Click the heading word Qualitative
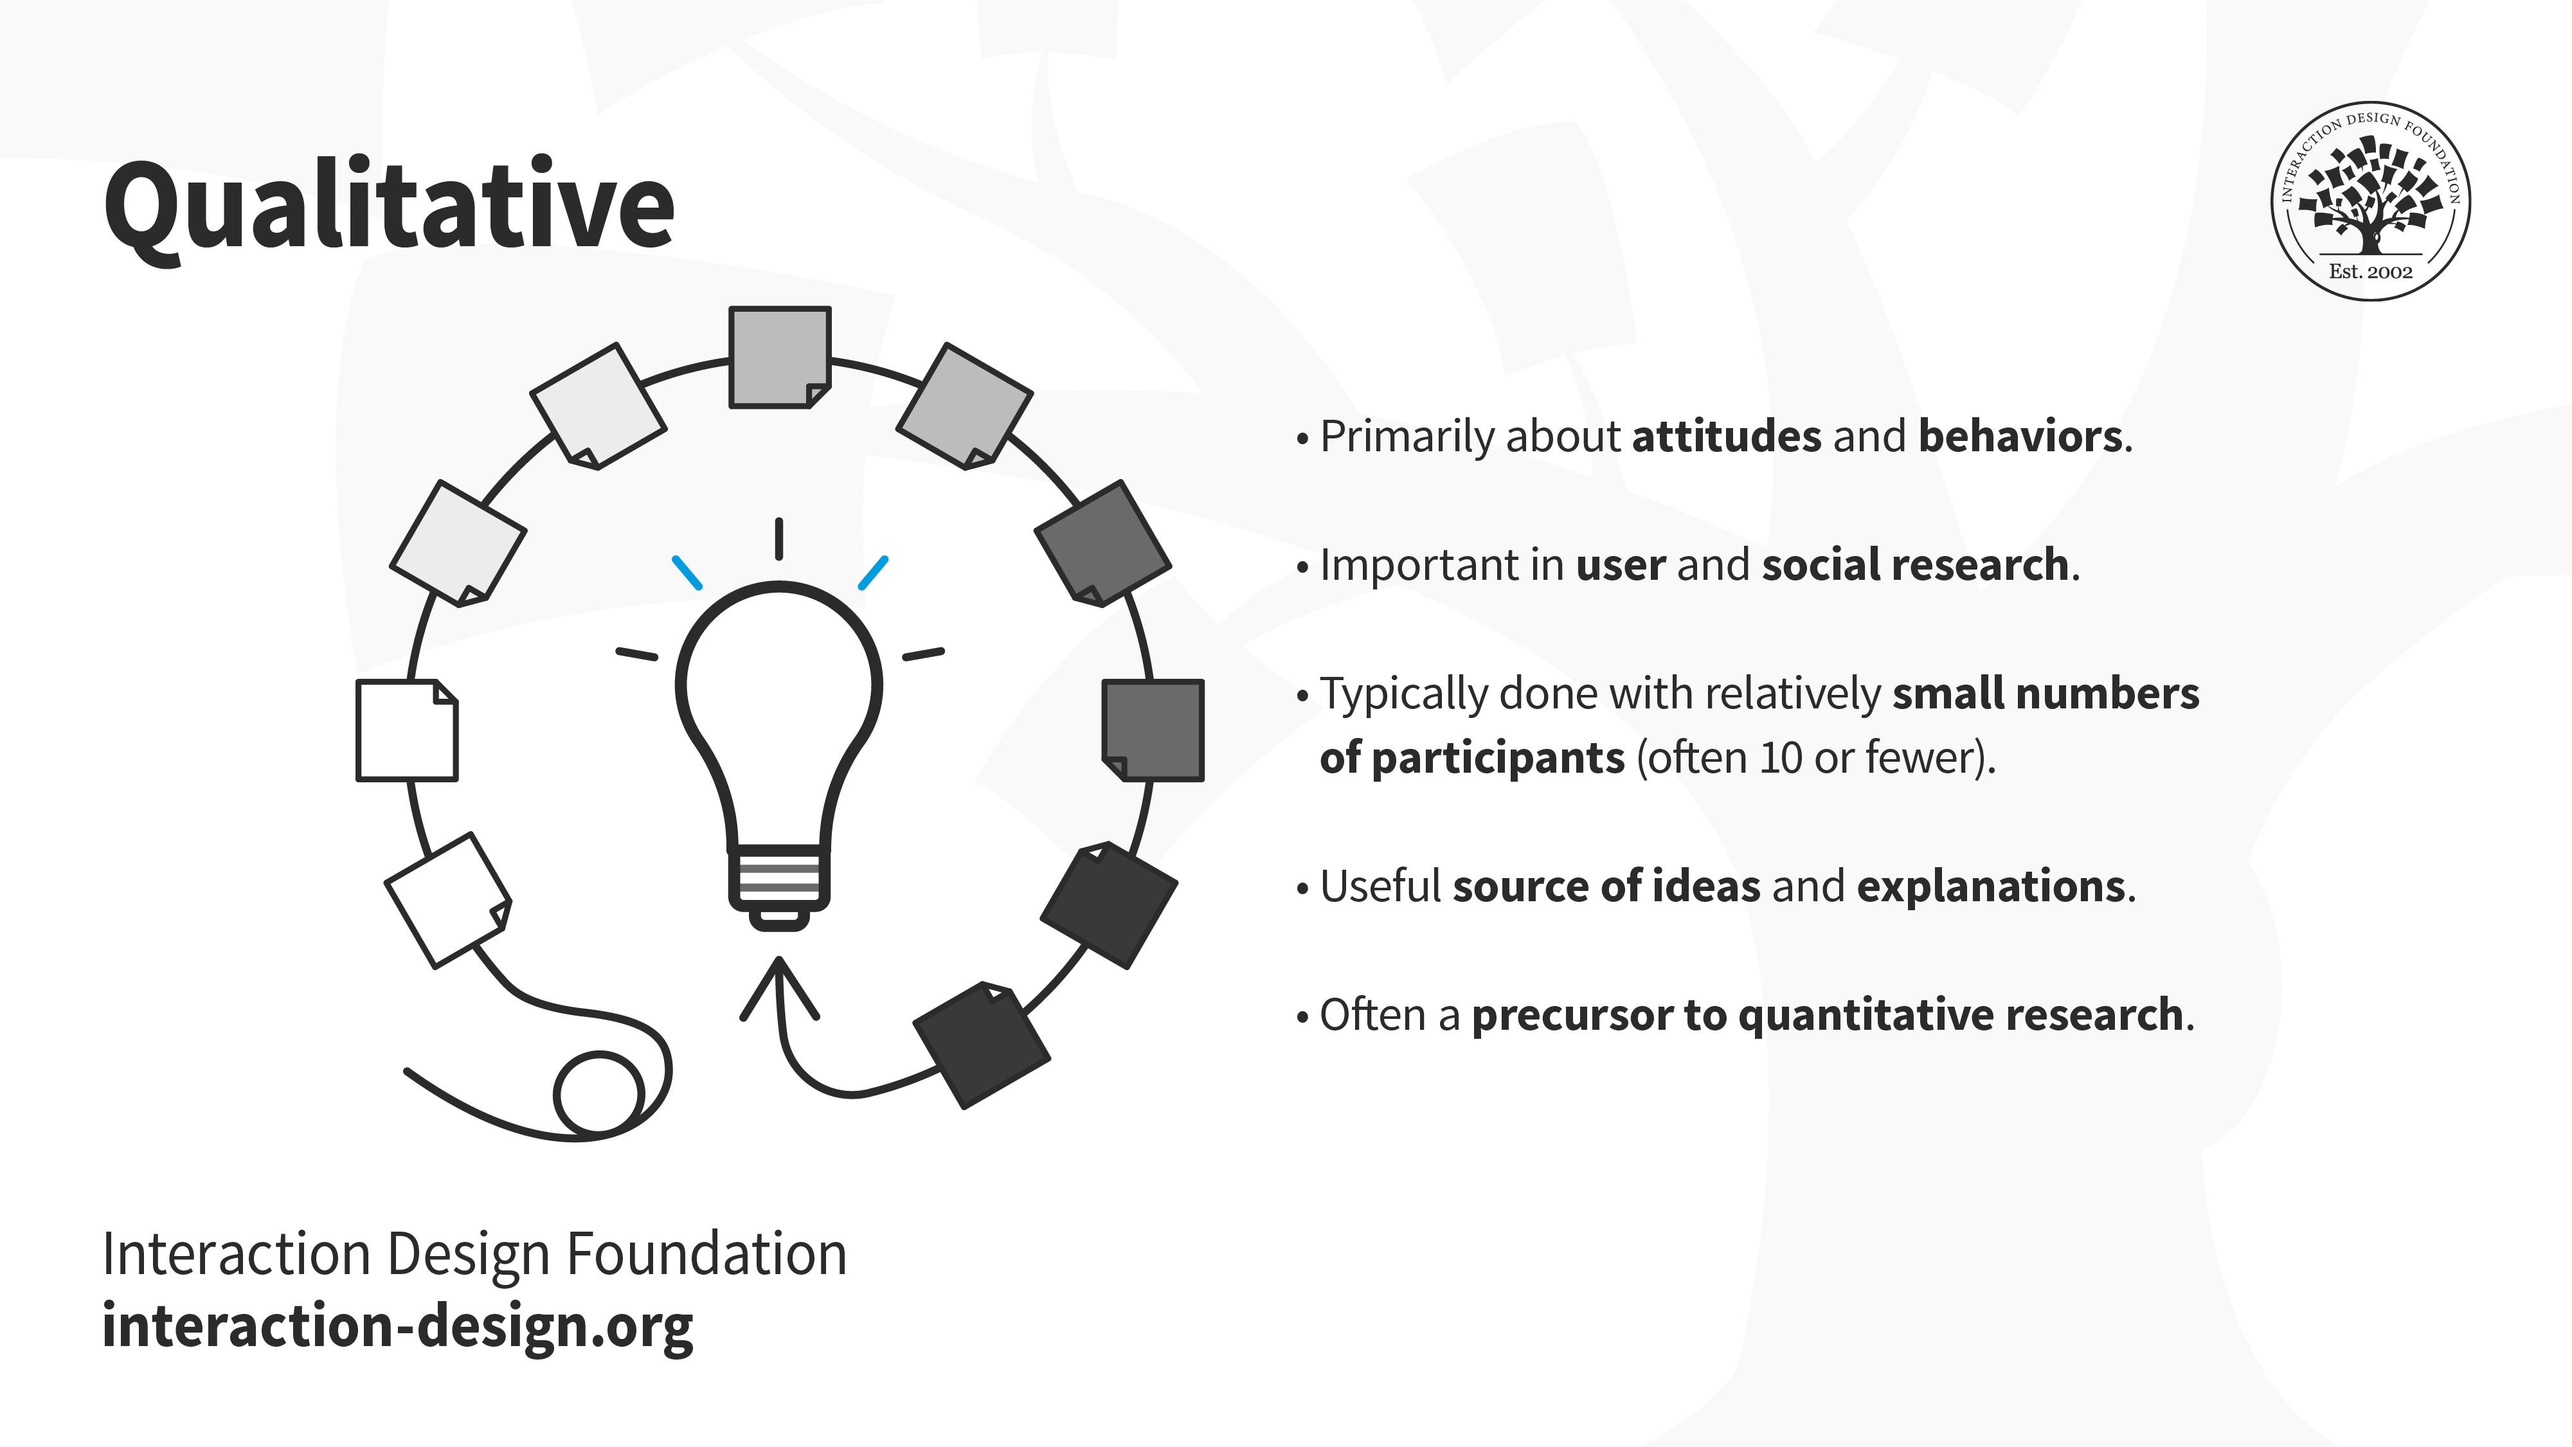390,207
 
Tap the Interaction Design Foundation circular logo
2370,200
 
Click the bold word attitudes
1726,436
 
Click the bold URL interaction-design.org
397,1326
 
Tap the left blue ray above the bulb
687,572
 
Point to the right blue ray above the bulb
872,572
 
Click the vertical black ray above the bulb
778,538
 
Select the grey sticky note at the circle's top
780,357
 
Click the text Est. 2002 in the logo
2370,271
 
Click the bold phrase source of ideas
1606,886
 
